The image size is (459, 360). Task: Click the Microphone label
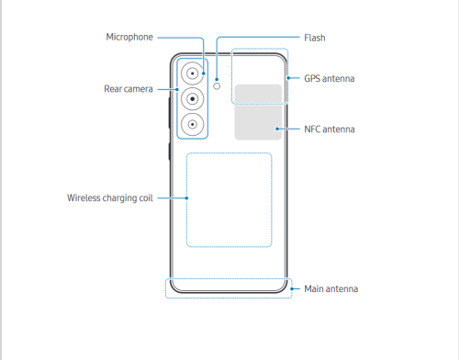point(129,37)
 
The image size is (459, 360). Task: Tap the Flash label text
point(315,38)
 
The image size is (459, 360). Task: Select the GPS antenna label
point(330,79)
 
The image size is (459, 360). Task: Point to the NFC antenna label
point(330,129)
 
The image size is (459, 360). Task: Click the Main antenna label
point(331,289)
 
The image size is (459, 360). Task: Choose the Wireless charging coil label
point(110,198)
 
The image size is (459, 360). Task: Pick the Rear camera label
point(129,89)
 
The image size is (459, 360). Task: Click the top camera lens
point(193,73)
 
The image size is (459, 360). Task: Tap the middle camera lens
point(193,99)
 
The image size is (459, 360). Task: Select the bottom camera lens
point(193,125)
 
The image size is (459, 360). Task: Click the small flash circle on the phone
point(217,86)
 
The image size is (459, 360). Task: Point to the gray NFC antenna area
point(258,112)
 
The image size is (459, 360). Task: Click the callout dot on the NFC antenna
point(277,129)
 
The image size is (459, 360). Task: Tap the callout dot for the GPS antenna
point(288,78)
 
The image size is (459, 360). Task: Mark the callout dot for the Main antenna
point(292,288)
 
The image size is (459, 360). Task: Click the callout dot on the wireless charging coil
point(186,198)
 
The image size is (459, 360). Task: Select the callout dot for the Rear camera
point(177,89)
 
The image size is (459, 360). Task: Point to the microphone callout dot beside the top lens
point(204,73)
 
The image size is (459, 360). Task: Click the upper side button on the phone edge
point(169,113)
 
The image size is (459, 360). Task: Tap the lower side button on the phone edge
point(169,152)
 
